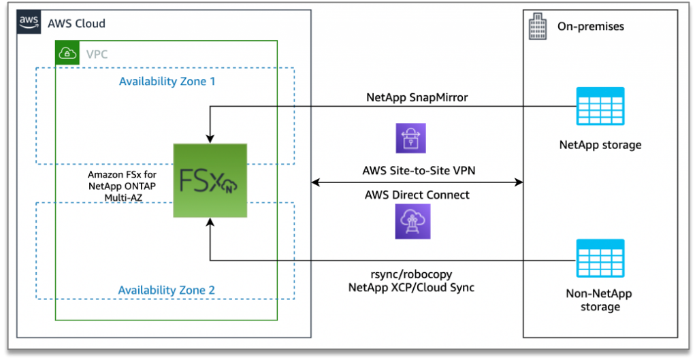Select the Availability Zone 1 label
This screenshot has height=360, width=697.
[167, 82]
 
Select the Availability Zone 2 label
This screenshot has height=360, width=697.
[167, 291]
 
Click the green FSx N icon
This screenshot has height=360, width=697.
[210, 180]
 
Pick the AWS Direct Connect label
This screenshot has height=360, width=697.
[417, 195]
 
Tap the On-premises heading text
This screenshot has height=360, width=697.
[591, 27]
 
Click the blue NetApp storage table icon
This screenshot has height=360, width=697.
[600, 106]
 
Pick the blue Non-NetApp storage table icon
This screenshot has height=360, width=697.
[600, 258]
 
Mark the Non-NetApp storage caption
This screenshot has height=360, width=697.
[600, 300]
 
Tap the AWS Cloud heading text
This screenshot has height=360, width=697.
[76, 24]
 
